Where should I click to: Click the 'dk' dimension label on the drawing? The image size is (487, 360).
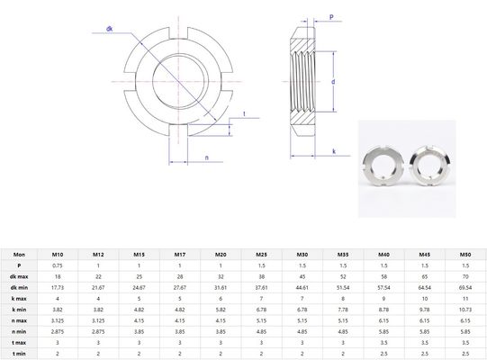pyautogui.click(x=109, y=29)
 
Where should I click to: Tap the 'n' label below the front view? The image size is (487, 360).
pyautogui.click(x=207, y=157)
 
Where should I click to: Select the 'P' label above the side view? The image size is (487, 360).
pyautogui.click(x=331, y=17)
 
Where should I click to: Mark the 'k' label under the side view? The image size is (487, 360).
pyautogui.click(x=333, y=150)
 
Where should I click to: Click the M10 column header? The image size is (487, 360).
pyautogui.click(x=58, y=255)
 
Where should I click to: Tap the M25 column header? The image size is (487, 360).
pyautogui.click(x=260, y=255)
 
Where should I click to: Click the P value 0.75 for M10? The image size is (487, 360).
pyautogui.click(x=58, y=266)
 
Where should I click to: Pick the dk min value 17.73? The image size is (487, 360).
pyautogui.click(x=58, y=286)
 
